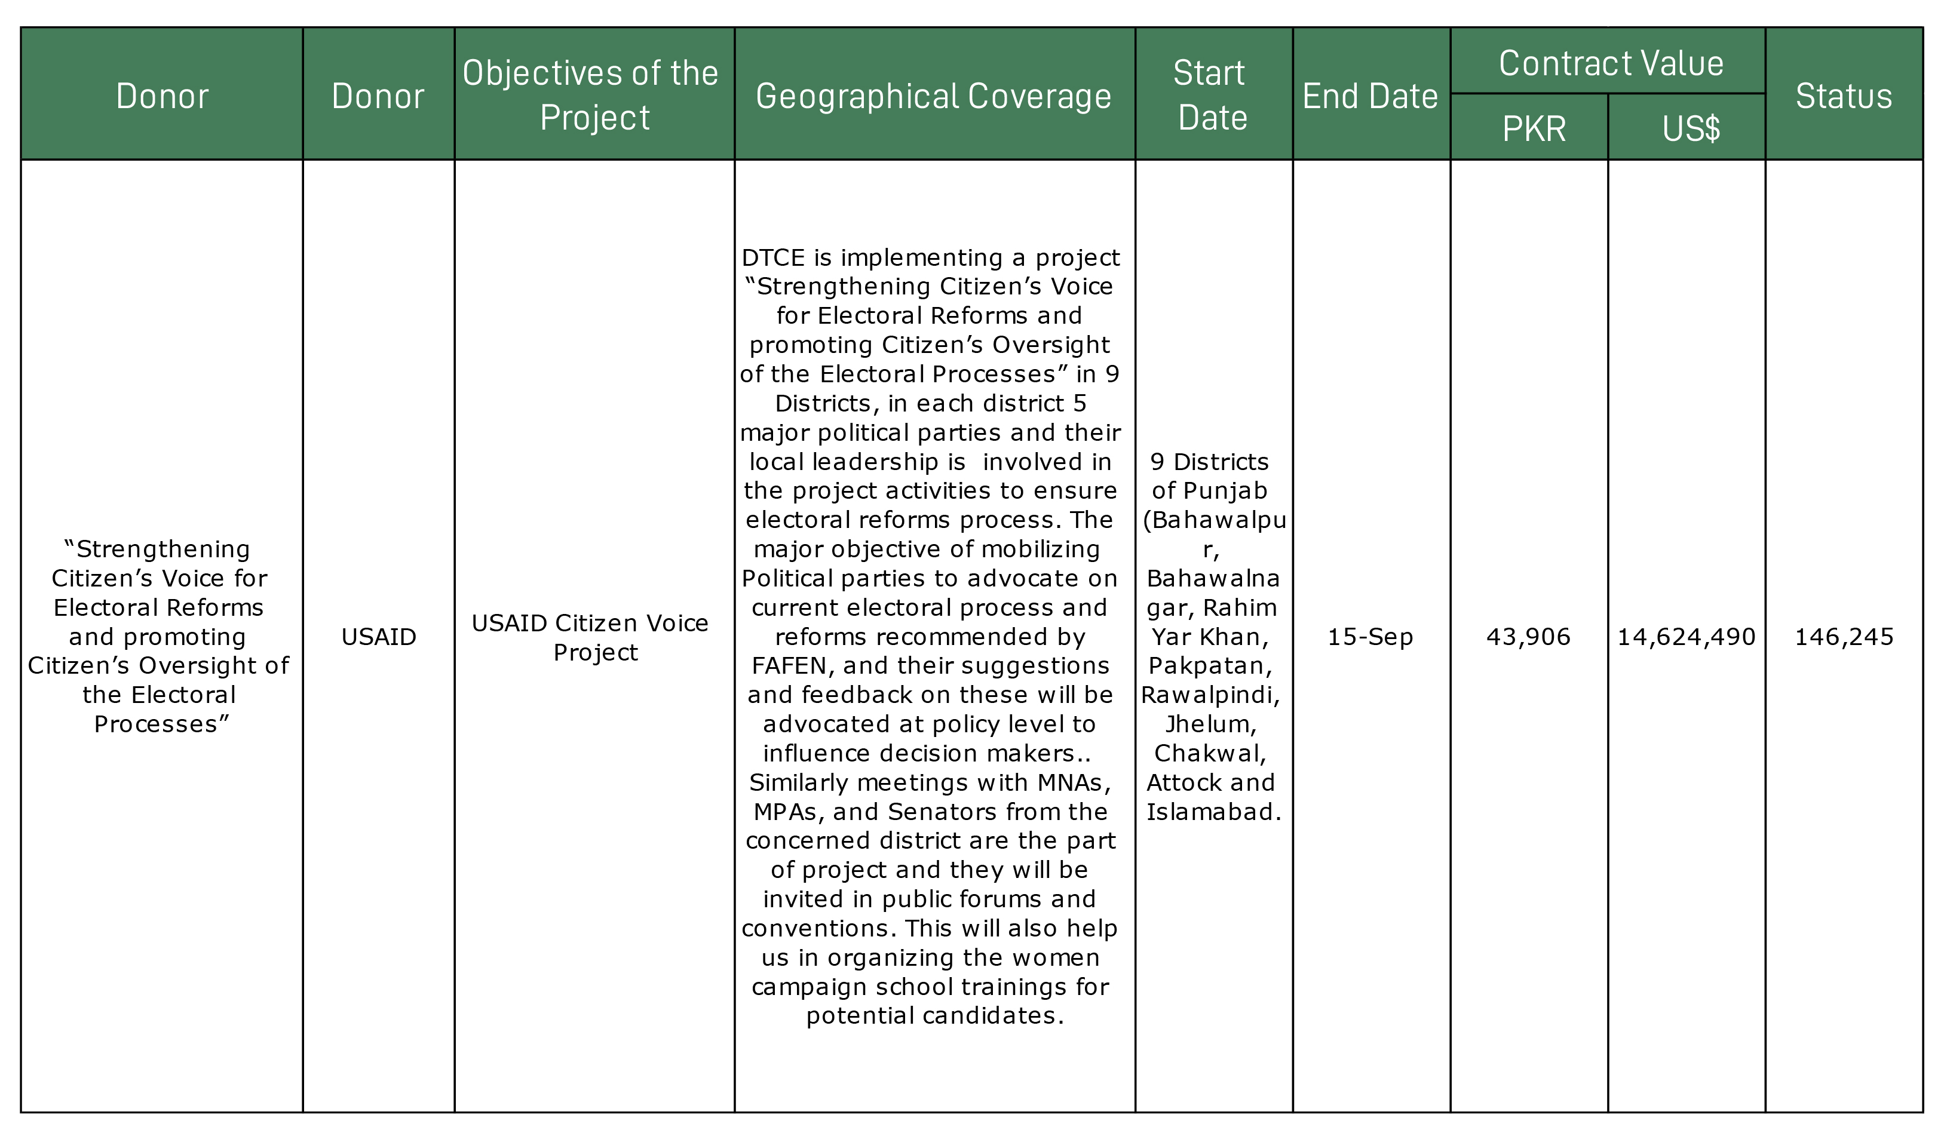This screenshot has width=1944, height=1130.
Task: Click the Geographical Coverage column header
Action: click(x=933, y=96)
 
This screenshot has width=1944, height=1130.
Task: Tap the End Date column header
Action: click(x=1370, y=96)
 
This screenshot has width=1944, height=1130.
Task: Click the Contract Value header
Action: click(x=1611, y=63)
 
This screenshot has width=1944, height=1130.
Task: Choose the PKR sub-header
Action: click(x=1534, y=128)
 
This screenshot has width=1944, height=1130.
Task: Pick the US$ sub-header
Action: click(x=1690, y=128)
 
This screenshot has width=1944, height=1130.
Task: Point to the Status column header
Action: click(x=1844, y=96)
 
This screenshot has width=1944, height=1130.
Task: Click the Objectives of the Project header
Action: click(x=593, y=95)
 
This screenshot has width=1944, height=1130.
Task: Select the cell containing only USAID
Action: click(x=379, y=636)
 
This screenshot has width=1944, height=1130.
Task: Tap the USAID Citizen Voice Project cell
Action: click(x=593, y=637)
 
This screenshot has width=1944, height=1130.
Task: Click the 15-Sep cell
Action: click(x=1370, y=636)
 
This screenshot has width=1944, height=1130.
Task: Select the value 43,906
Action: click(x=1528, y=636)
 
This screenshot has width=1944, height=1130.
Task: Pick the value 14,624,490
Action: click(x=1687, y=636)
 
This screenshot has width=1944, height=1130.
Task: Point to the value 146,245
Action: click(x=1844, y=636)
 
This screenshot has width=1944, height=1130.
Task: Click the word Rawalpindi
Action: click(x=1210, y=695)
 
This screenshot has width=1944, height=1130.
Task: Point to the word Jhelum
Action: click(x=1210, y=724)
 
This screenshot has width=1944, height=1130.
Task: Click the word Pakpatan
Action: click(x=1210, y=666)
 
